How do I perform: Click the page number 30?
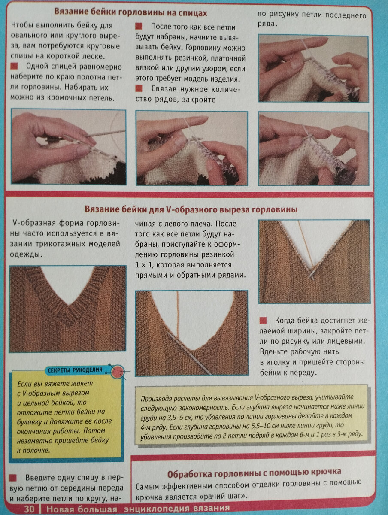click(29, 509)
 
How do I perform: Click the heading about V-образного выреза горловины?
click(191, 209)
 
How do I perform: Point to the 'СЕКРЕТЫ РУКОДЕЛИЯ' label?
click(75, 370)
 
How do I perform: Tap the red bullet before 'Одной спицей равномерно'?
click(14, 66)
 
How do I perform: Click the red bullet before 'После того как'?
click(139, 26)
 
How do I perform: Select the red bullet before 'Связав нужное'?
click(139, 88)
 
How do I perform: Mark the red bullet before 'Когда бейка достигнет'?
click(263, 321)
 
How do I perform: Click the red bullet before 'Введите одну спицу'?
click(13, 478)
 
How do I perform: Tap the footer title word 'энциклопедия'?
click(153, 509)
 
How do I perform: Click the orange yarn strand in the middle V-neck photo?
click(178, 315)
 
